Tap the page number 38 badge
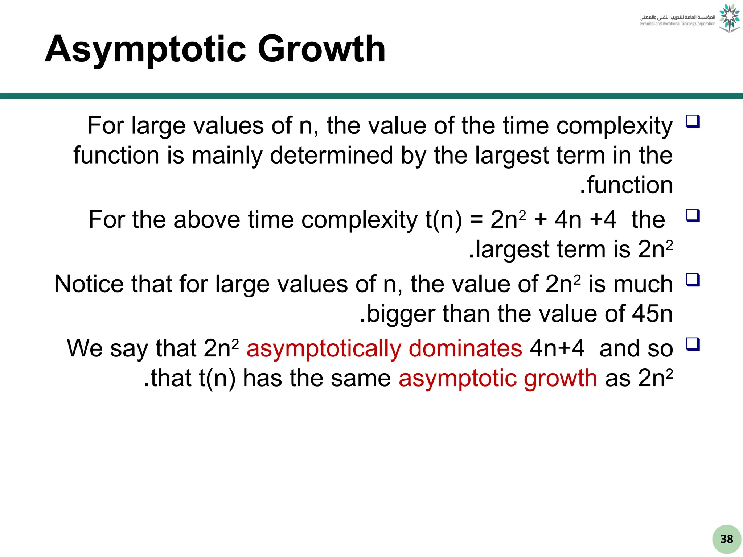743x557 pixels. click(x=727, y=539)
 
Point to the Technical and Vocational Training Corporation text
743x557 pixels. click(x=677, y=24)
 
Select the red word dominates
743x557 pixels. click(x=465, y=348)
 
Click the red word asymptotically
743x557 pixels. click(x=324, y=348)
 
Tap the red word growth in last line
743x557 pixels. click(x=561, y=378)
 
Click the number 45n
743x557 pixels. click(x=652, y=314)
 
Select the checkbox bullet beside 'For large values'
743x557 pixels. click(x=693, y=121)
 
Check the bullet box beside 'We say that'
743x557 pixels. click(x=693, y=344)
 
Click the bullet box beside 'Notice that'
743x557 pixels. click(x=693, y=280)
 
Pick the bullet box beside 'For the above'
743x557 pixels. click(x=693, y=216)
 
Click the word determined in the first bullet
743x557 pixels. click(x=332, y=155)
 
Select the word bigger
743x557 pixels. click(x=401, y=314)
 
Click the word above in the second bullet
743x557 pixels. click(x=207, y=220)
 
